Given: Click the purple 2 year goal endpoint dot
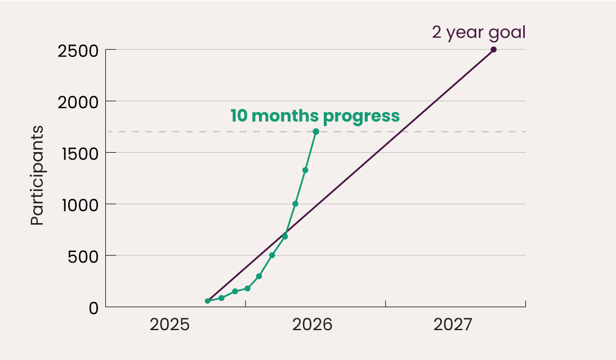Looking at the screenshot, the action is tap(493, 50).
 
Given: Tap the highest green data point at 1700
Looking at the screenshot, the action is tap(316, 132).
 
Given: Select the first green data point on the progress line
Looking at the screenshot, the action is tap(207, 301).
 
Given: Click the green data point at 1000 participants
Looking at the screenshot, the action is tap(296, 203).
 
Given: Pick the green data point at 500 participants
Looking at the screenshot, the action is tap(272, 255).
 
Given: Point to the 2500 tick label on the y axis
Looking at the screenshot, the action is tap(78, 51).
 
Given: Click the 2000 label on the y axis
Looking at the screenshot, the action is tap(78, 103).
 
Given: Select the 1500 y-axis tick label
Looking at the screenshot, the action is tap(80, 154).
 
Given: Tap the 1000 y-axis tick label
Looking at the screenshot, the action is tap(80, 206).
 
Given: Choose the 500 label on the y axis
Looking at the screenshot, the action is tap(83, 257).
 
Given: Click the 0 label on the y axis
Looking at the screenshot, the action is tap(93, 309).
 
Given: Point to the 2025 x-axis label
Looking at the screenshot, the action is tap(169, 325).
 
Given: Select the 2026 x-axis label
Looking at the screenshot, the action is tap(313, 325).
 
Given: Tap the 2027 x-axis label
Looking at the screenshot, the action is tap(453, 325).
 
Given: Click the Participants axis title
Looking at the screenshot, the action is tap(37, 175).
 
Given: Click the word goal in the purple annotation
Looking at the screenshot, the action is tap(507, 33).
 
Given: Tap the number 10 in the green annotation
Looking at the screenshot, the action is tap(239, 116).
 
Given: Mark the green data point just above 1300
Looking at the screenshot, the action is tap(305, 170).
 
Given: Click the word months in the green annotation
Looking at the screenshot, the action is tap(285, 116).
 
